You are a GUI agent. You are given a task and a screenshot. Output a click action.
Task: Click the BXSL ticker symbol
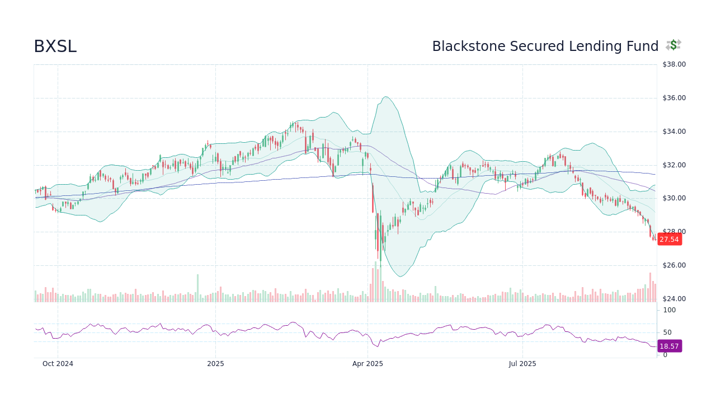coord(55,47)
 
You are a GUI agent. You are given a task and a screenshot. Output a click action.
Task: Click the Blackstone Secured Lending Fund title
coord(545,47)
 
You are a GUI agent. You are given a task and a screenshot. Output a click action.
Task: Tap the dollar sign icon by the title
coord(673,45)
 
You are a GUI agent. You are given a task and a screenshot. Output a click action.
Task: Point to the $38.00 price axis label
coord(674,64)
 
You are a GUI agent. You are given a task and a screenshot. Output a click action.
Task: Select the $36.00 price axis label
coord(674,98)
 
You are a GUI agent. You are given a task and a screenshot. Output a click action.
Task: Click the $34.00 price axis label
coord(674,132)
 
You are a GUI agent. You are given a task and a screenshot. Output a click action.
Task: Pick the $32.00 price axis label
coord(674,165)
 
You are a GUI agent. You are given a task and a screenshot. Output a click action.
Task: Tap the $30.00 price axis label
coord(674,198)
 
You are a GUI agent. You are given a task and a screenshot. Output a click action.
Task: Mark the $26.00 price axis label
coord(674,265)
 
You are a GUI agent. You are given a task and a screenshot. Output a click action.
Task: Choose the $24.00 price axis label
coord(674,299)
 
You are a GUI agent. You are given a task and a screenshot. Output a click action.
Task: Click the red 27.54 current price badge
coord(669,240)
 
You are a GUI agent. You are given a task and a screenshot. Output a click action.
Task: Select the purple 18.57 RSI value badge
coord(669,346)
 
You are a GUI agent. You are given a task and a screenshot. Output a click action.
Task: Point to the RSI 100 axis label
coord(670,310)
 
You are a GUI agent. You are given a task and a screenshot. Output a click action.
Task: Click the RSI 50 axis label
coord(667,332)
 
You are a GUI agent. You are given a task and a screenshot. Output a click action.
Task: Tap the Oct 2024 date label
coord(58,364)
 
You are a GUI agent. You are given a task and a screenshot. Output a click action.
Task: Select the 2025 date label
coord(215,364)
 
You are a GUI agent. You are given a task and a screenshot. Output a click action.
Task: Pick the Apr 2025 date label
coord(368,364)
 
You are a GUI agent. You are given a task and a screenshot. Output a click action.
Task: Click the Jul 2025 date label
coord(522,364)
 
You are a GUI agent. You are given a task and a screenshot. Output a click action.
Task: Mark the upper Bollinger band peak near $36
coord(386,97)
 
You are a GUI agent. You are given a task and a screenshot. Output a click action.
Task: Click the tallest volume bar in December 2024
coord(197,288)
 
